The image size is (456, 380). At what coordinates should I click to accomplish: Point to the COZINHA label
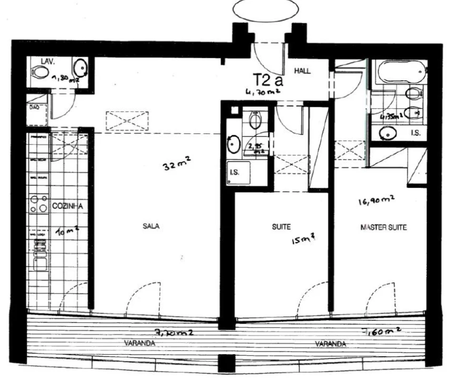click(67, 207)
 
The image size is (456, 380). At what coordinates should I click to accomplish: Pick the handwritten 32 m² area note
click(175, 165)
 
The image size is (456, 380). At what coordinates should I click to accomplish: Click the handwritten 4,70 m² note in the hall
click(262, 92)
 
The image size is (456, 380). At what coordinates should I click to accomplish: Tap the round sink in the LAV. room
click(81, 69)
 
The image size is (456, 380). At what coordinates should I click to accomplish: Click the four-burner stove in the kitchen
click(38, 204)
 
